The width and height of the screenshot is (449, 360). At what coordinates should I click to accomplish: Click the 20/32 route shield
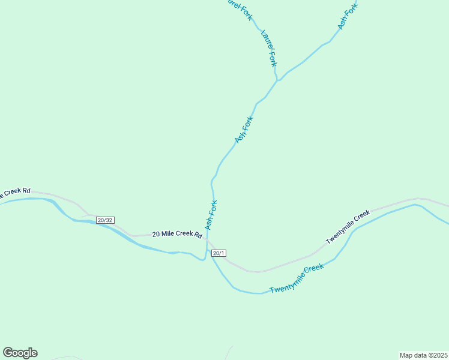point(104,220)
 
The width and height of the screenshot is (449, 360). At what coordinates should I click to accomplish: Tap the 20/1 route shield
point(219,253)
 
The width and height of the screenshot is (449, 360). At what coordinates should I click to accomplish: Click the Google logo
point(20,353)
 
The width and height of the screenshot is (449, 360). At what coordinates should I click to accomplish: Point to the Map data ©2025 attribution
point(423,355)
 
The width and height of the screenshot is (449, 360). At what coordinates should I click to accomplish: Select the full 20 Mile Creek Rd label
point(176,234)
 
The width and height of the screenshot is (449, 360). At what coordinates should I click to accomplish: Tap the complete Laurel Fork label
point(269,47)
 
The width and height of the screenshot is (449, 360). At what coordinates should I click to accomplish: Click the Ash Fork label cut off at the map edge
point(347,16)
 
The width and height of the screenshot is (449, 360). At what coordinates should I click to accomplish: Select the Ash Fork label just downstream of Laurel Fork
point(244,130)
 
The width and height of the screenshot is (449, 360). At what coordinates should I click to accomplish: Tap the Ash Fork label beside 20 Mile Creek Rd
point(211,215)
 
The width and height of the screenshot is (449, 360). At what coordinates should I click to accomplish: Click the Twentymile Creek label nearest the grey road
point(348,227)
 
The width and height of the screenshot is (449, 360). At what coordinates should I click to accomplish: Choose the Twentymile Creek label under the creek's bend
point(297,278)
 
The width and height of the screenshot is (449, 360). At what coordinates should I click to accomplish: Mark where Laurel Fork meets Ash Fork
point(277,80)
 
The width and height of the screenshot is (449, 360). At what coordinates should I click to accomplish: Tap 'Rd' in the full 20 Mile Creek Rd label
point(197,234)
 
